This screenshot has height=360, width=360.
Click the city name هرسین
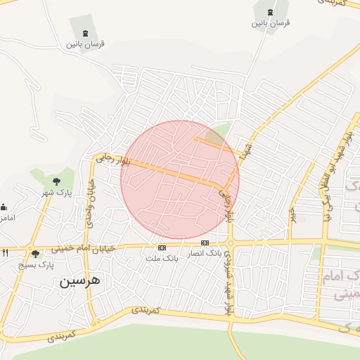(x=79, y=281)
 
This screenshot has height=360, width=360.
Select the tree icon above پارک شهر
(x=56, y=181)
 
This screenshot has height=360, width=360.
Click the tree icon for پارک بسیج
(x=35, y=254)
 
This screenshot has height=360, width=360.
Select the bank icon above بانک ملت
(x=162, y=247)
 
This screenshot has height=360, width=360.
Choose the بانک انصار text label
(x=204, y=252)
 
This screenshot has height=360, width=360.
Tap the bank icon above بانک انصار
(x=205, y=243)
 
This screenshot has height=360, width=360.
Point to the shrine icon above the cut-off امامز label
(x=3, y=207)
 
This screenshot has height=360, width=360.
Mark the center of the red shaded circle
(x=180, y=180)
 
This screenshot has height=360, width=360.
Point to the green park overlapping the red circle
(x=221, y=131)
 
